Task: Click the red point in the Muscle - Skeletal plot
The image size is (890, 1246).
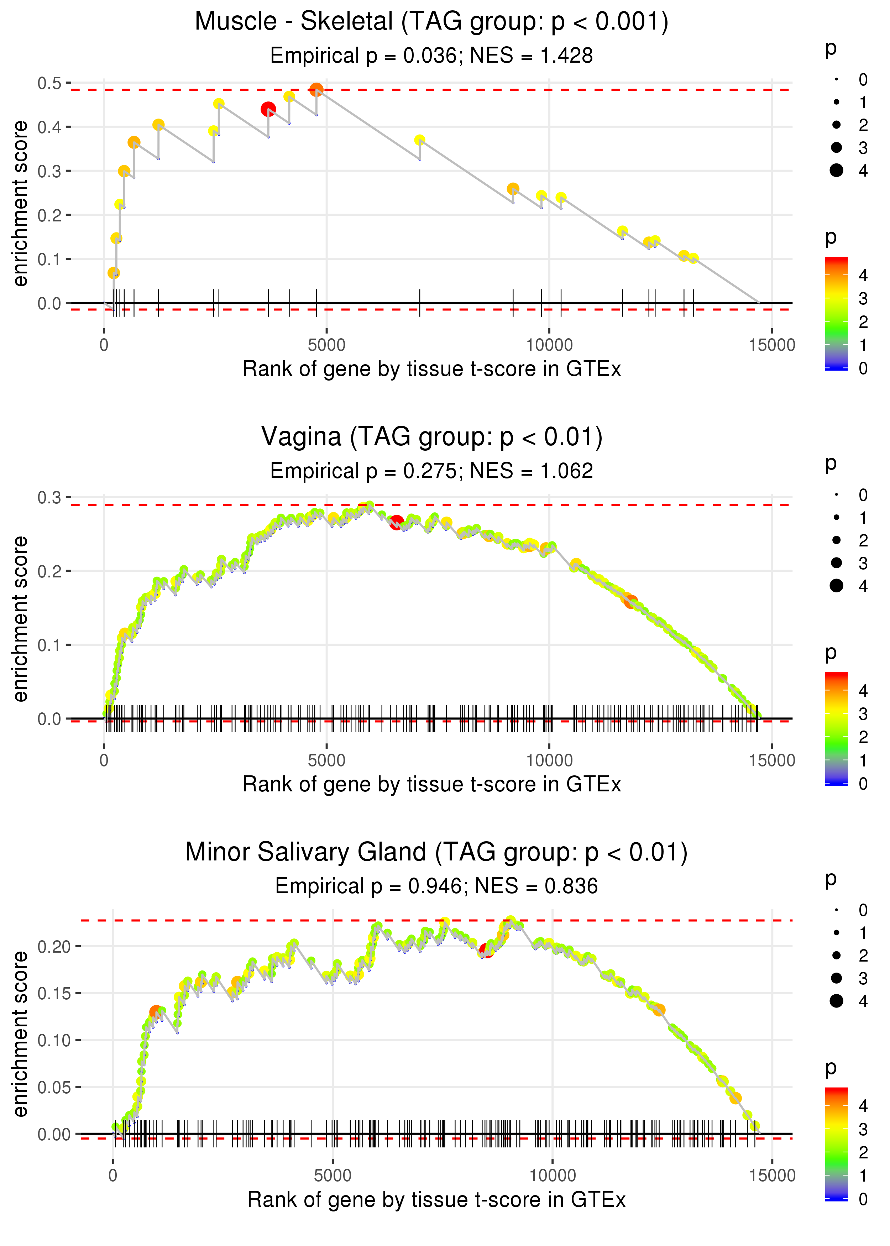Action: point(268,109)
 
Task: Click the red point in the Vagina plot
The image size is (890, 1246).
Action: point(397,522)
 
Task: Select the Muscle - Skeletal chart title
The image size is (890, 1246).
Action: point(431,21)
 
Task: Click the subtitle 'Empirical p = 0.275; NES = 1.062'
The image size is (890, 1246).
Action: point(431,471)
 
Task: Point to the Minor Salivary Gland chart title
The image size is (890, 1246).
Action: point(436,852)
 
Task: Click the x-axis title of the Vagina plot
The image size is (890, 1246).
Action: point(432,784)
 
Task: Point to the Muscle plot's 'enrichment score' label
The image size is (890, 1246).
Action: point(20,203)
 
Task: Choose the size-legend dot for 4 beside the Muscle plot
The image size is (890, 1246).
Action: point(836,171)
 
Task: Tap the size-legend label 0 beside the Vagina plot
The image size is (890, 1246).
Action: point(863,495)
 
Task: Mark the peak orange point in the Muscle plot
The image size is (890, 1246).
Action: point(316,89)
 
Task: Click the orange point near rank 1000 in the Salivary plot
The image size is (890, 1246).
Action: point(156,1011)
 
